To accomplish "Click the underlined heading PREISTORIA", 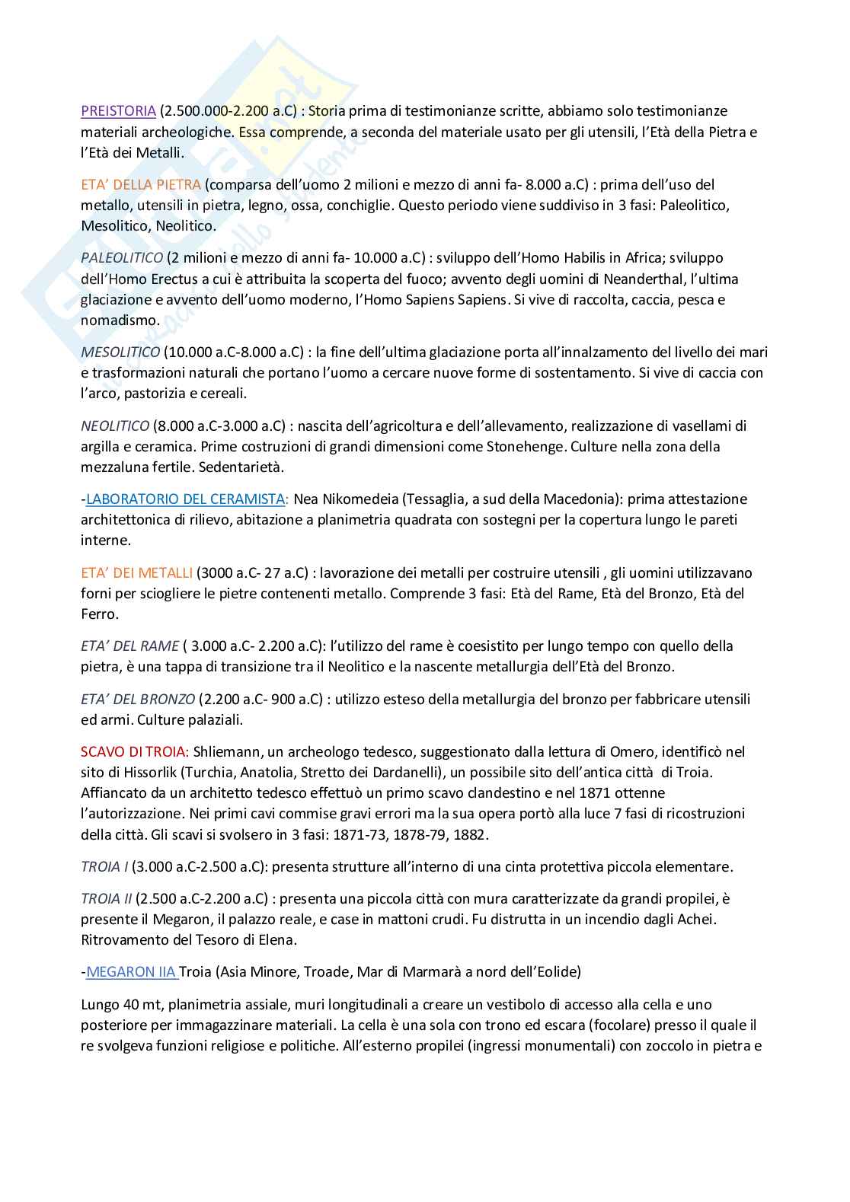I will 118,111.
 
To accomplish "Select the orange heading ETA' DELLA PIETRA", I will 141,184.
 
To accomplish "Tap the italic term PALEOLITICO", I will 122,258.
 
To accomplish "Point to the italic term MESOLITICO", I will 120,352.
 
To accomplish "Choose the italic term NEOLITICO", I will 115,426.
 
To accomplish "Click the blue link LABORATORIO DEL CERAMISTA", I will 185,499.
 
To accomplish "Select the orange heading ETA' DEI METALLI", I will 136,572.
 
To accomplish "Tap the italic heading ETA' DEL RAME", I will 129,646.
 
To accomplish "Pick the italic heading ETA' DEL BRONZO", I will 138,699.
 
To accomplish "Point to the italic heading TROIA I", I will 104,866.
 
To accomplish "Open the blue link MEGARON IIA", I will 131,971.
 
